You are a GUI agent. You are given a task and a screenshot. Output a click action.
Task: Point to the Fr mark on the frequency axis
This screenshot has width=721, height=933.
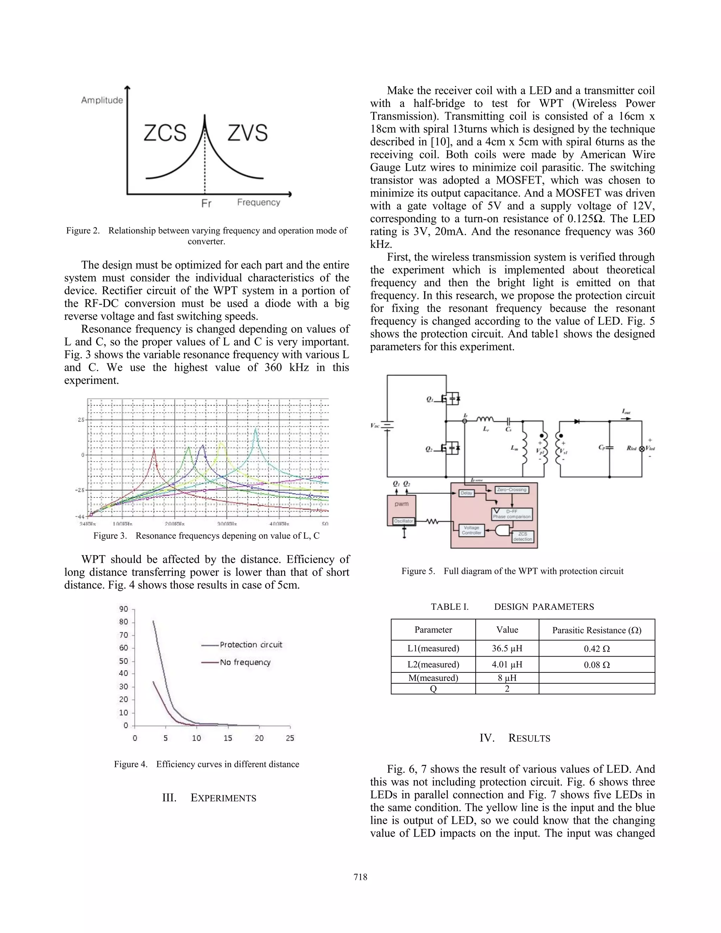point(206,203)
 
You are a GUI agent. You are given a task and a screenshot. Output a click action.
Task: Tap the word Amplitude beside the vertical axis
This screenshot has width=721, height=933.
point(102,100)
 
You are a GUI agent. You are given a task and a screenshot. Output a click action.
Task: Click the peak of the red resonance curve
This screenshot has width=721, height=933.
point(154,455)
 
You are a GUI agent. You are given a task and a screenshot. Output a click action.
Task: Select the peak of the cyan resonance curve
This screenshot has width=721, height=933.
point(256,429)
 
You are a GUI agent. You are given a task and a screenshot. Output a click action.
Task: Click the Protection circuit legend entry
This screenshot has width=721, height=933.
point(251,645)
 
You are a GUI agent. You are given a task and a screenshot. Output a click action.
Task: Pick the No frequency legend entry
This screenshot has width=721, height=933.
point(245,662)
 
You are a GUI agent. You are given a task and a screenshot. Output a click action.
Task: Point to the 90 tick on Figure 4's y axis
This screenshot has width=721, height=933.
point(124,609)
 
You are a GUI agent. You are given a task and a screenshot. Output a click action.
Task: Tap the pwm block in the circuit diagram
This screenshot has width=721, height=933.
point(401,504)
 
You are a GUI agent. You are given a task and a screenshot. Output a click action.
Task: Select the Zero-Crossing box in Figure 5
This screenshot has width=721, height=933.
point(511,490)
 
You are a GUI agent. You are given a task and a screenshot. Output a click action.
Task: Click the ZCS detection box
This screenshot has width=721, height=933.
point(522,537)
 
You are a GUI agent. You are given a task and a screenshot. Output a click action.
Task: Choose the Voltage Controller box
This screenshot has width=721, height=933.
point(471,530)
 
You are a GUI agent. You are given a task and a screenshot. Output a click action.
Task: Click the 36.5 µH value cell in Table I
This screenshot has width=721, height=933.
point(507,649)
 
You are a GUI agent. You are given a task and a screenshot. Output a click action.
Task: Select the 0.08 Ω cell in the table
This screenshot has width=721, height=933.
point(597,665)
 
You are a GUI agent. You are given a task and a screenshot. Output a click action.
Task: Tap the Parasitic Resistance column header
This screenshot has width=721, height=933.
point(597,630)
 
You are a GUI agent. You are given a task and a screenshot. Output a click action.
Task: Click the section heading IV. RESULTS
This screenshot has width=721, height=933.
point(515,738)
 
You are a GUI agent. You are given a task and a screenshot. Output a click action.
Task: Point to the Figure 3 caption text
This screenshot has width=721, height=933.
point(206,536)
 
